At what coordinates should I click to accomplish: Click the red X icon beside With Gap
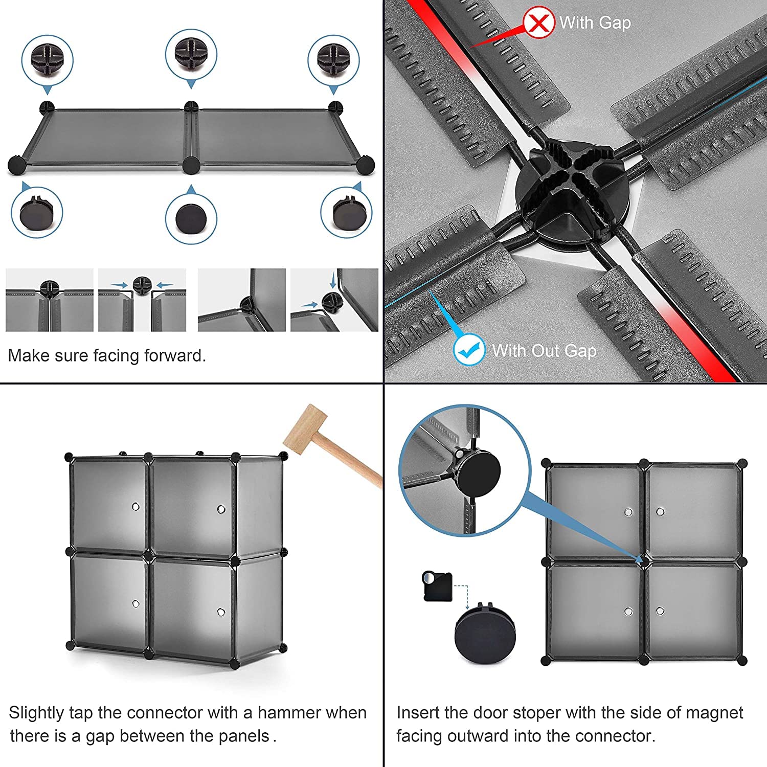538,23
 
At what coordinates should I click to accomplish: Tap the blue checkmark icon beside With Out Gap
469,349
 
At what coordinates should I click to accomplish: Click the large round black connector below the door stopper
485,635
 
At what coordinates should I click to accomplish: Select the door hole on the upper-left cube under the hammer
136,507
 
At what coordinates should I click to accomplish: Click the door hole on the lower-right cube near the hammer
221,612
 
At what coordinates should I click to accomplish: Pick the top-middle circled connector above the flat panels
191,56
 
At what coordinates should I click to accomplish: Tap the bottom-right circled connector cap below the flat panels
346,213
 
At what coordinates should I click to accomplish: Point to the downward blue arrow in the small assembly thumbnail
333,280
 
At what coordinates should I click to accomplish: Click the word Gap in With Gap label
615,23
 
